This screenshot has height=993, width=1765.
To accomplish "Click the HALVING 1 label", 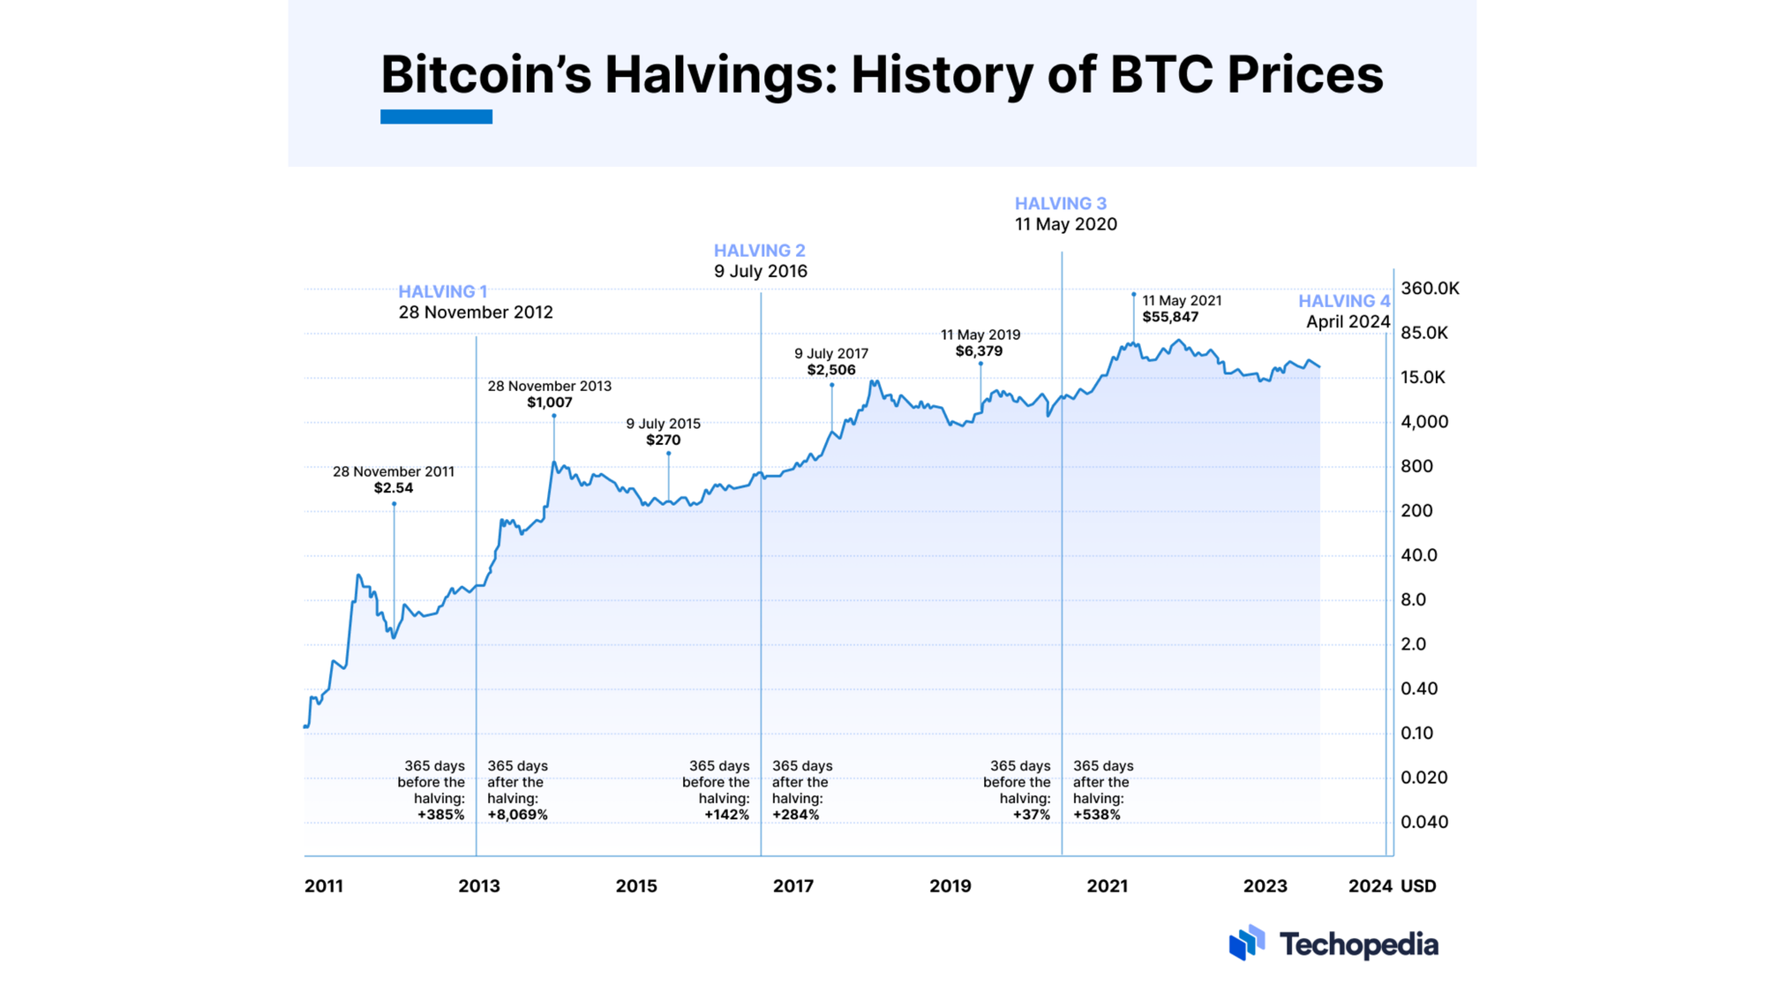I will pyautogui.click(x=442, y=291).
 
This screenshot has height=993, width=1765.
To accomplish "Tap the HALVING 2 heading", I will pyautogui.click(x=759, y=251).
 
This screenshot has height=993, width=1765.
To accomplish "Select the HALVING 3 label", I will pyautogui.click(x=1060, y=204).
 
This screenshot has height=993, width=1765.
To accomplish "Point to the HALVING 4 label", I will pyautogui.click(x=1343, y=301).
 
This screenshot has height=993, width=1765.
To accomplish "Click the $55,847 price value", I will pyautogui.click(x=1170, y=317).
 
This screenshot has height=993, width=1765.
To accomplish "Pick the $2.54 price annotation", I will pyautogui.click(x=393, y=488).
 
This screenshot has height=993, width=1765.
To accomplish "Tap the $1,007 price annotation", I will pyautogui.click(x=550, y=402).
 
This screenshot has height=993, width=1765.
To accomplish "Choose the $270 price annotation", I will pyautogui.click(x=663, y=440).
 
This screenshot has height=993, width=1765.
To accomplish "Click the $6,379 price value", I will pyautogui.click(x=979, y=351).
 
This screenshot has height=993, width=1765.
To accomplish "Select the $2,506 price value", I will pyautogui.click(x=830, y=370).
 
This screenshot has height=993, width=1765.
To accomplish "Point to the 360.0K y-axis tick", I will pyautogui.click(x=1430, y=289).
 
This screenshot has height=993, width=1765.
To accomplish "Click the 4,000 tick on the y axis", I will pyautogui.click(x=1424, y=422).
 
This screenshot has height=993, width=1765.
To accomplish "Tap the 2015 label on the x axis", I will pyautogui.click(x=636, y=886).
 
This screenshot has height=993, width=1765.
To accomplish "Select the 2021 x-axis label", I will pyautogui.click(x=1107, y=886).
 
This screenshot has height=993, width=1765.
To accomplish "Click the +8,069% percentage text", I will pyautogui.click(x=517, y=815).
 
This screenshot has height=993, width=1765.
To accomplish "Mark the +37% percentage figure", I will pyautogui.click(x=1031, y=815).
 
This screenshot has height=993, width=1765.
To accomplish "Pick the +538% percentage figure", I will pyautogui.click(x=1097, y=815).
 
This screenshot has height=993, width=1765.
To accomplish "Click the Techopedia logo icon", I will pyautogui.click(x=1247, y=943).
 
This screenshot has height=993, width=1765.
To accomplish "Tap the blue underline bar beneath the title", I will pyautogui.click(x=436, y=117).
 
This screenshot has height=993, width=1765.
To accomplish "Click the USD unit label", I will pyautogui.click(x=1418, y=886).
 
